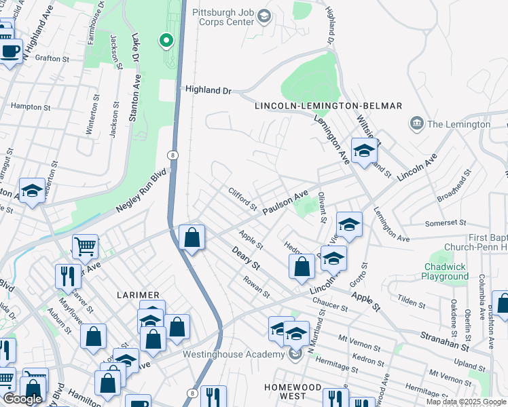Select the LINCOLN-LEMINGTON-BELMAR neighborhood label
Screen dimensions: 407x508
click(328, 106)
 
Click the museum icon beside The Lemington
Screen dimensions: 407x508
click(416, 123)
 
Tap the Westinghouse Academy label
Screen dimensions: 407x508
click(233, 355)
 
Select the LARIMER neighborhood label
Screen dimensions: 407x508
click(137, 295)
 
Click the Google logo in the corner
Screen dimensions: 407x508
click(22, 399)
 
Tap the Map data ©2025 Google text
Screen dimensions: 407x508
click(465, 402)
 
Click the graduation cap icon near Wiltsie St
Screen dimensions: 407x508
click(364, 152)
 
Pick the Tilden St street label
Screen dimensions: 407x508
click(412, 299)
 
